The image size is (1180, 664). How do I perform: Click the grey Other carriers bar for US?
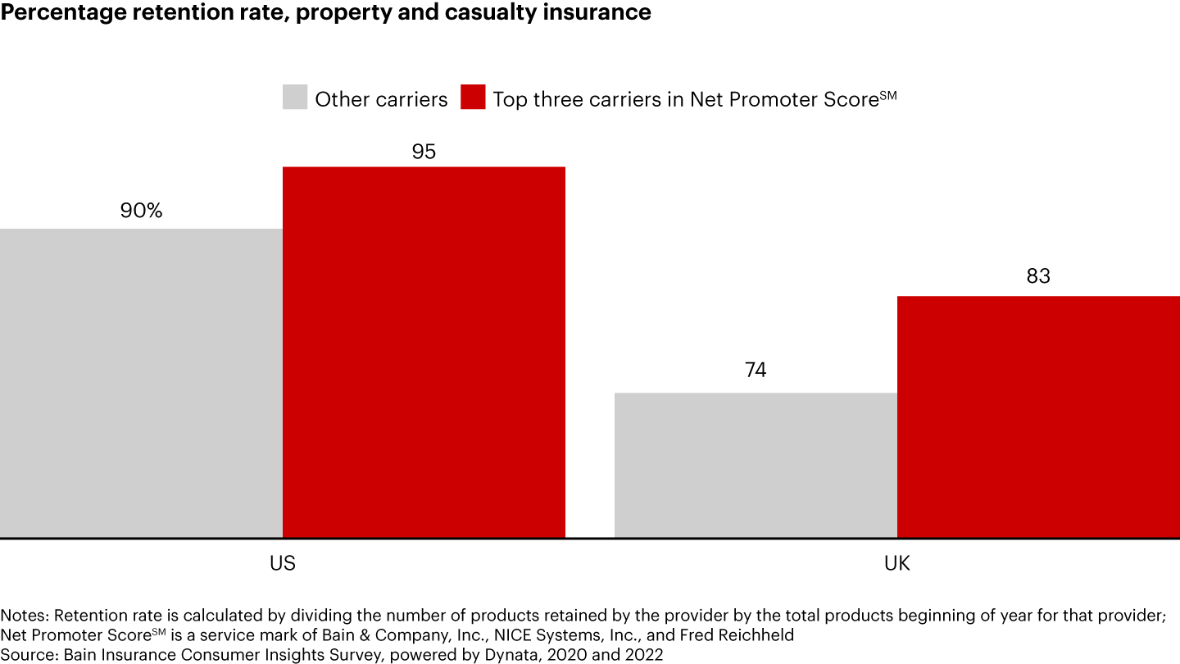[x=141, y=383]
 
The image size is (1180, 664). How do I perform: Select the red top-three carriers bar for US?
[x=424, y=352]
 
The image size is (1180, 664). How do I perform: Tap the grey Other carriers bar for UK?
[x=756, y=465]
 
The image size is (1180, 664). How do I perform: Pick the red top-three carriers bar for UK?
[x=1038, y=416]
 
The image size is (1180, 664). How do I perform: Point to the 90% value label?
[x=141, y=211]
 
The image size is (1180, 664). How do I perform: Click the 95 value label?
[x=424, y=152]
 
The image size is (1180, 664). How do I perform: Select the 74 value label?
[x=756, y=370]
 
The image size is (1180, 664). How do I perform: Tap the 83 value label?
[x=1038, y=276]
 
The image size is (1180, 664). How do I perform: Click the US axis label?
[x=283, y=564]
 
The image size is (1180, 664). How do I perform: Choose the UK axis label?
[x=897, y=564]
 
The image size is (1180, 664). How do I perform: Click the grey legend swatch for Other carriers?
[x=295, y=98]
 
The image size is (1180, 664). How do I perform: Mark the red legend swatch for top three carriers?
[x=473, y=98]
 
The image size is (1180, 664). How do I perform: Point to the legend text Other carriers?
[x=381, y=99]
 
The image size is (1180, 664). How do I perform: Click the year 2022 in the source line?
[x=644, y=654]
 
